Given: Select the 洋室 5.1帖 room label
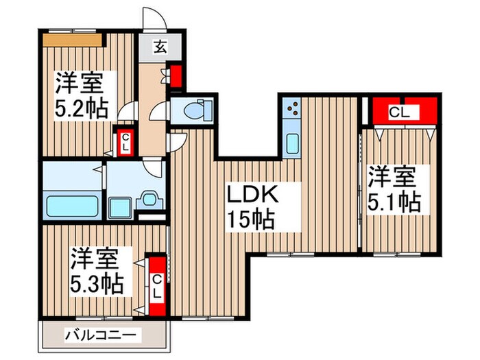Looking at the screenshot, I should pos(392,189).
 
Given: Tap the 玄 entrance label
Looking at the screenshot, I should pos(160,47).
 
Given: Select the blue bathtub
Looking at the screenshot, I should pos(72,204).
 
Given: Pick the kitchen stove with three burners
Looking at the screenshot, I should pos(291,110).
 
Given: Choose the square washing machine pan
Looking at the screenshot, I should pos(122,204).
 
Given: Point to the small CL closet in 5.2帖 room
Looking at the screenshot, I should pos(125,143).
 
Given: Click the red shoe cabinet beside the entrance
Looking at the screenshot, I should pos(176,76).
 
